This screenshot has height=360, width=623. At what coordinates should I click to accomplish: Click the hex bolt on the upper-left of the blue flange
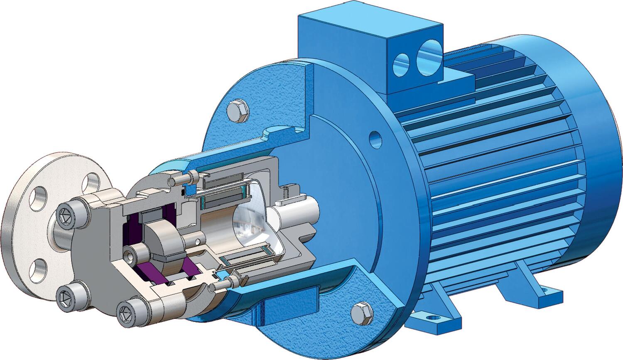[x=238, y=110]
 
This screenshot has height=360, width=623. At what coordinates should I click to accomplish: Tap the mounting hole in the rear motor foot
[x=544, y=289]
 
